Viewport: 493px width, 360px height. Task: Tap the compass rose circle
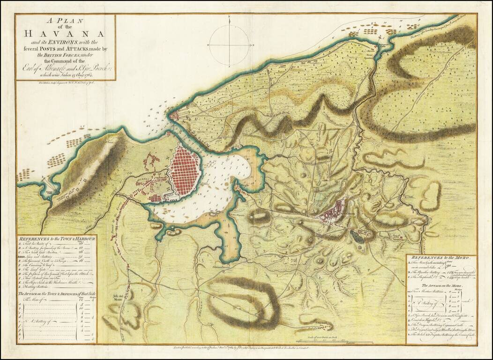[x=229, y=45]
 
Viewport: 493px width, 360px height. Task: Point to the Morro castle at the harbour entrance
[x=174, y=115]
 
